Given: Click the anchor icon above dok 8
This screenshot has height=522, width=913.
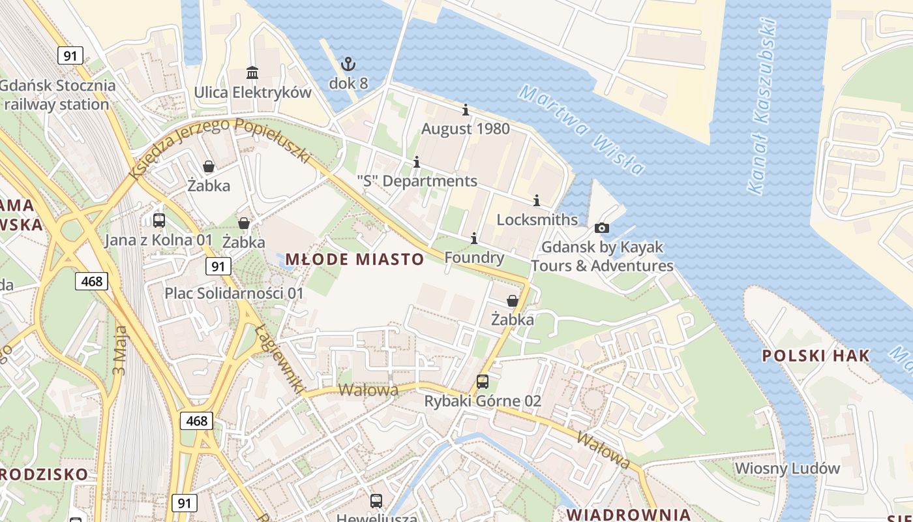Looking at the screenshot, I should pos(348,64).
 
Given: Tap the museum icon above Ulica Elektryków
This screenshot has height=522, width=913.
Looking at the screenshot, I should pos(252,72).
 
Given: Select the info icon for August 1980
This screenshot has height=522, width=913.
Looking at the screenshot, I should pos(465,110).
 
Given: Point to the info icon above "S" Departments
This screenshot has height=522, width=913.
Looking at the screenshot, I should pos(417,162).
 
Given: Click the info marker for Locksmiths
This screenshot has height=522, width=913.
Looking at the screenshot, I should pos(537,200).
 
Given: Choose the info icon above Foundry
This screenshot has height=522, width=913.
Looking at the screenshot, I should pos(474,238).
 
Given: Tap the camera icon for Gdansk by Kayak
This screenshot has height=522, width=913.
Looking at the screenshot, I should pos(601,228).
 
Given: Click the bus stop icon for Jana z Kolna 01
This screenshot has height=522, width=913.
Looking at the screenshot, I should pos(158,221).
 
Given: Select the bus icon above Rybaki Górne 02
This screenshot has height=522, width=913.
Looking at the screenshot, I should pos(483,382).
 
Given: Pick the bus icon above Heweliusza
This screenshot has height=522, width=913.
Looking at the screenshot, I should pos(376,501).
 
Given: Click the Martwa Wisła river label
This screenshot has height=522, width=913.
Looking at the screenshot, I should pos(581,130).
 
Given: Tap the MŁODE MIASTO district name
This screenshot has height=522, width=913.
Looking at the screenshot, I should pos(355,259).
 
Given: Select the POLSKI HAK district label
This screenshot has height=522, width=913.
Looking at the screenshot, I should pos(816,356).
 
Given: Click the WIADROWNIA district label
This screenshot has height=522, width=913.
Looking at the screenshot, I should pos(628,514).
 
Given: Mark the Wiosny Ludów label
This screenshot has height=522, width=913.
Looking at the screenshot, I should pos(787,468).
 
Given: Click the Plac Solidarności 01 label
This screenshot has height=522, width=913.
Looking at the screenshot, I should pos(234,293).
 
